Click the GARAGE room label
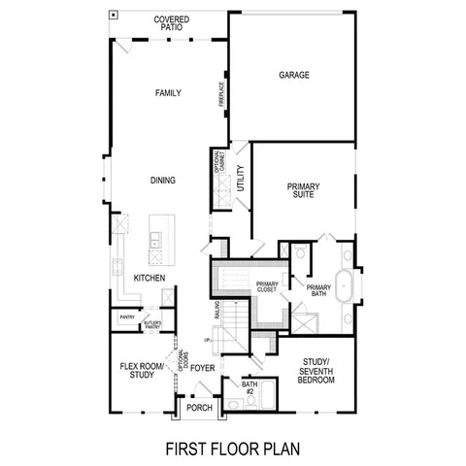click(x=293, y=75)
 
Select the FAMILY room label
click(x=170, y=93)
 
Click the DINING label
click(x=162, y=180)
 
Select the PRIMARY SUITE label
click(x=303, y=190)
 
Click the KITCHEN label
click(x=149, y=278)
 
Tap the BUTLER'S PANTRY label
click(x=152, y=323)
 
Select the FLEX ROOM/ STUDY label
click(x=137, y=372)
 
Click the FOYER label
click(x=202, y=368)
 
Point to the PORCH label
click(x=199, y=408)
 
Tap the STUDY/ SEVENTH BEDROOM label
click(x=316, y=372)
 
